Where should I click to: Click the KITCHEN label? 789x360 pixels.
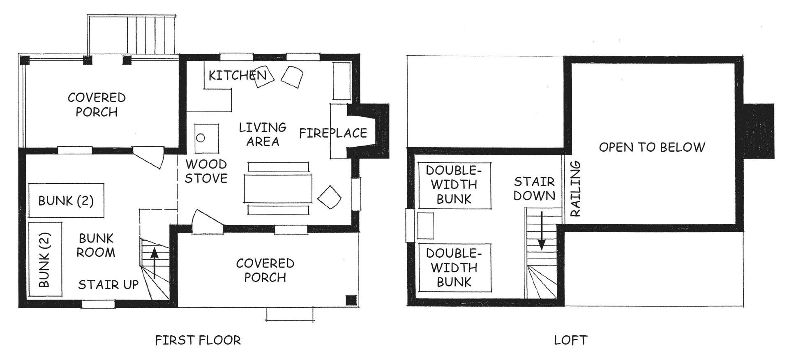click(x=238, y=75)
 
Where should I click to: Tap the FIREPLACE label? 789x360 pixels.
click(x=333, y=133)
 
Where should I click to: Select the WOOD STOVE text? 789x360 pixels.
click(x=206, y=171)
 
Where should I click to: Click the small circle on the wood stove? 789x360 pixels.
click(x=201, y=138)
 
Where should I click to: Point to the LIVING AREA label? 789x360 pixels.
click(x=263, y=134)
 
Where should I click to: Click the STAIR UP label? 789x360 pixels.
click(x=108, y=284)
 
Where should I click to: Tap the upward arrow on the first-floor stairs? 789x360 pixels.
click(x=155, y=263)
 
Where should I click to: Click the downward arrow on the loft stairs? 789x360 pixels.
click(x=542, y=231)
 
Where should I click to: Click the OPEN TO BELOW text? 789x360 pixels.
click(x=652, y=147)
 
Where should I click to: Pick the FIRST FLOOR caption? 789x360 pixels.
click(x=198, y=340)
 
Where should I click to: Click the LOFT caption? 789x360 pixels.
click(x=571, y=340)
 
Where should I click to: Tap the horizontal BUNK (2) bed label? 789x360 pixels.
click(x=66, y=201)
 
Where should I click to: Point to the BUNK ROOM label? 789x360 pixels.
click(x=96, y=245)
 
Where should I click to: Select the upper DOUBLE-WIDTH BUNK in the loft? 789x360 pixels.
click(x=454, y=185)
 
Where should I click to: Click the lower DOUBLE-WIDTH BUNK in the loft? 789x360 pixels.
click(x=454, y=268)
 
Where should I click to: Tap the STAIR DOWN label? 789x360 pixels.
click(x=534, y=189)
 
